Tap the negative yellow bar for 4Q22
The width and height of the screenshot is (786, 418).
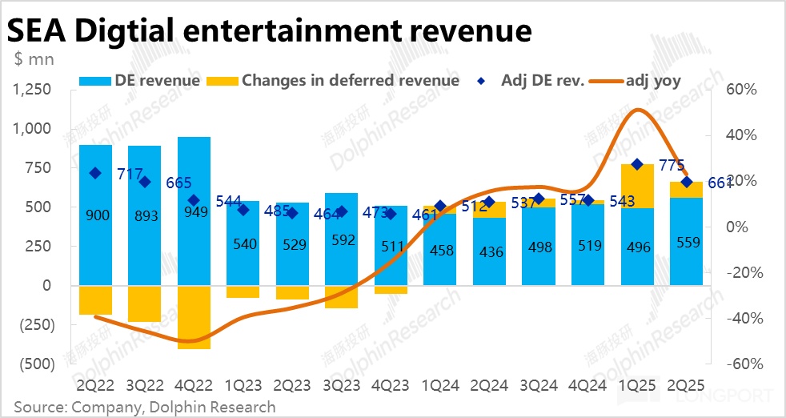click(x=194, y=317)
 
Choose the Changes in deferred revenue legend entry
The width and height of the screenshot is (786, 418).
click(x=333, y=80)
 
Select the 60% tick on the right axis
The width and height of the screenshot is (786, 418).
click(x=741, y=90)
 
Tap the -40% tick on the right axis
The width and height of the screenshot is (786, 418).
click(x=740, y=318)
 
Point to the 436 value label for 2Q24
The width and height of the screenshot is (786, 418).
click(x=490, y=251)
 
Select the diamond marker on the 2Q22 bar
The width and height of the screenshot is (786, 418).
click(x=95, y=173)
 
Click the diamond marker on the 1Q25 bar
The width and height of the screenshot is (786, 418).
click(x=637, y=164)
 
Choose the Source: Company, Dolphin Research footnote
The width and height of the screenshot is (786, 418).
click(x=144, y=407)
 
